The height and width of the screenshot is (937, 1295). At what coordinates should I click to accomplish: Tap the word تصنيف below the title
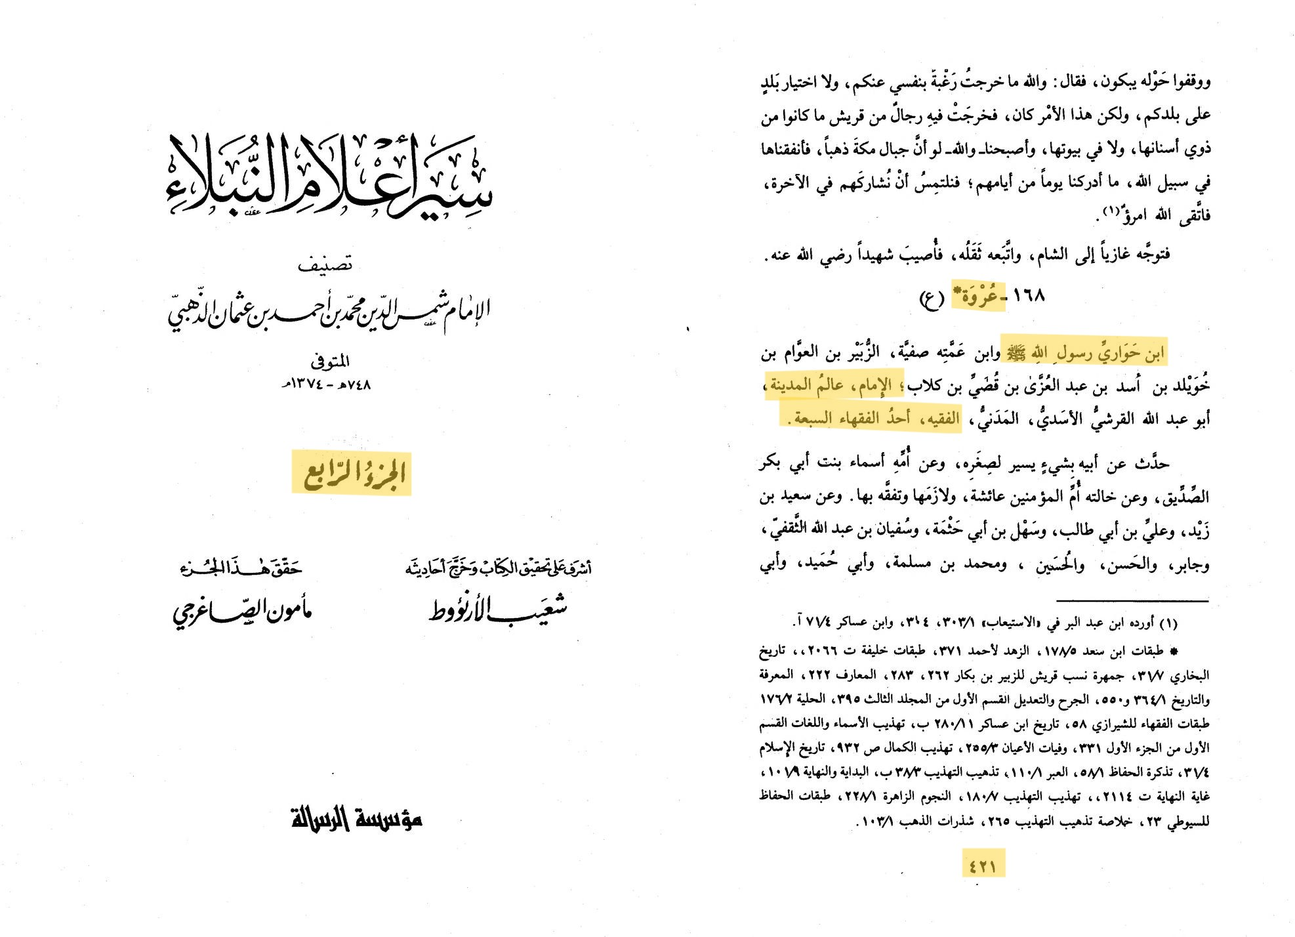pyautogui.click(x=325, y=264)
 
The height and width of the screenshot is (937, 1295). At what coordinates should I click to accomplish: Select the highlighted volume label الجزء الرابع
pyautogui.click(x=352, y=473)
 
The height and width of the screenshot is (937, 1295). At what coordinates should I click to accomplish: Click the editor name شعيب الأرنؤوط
pyautogui.click(x=499, y=609)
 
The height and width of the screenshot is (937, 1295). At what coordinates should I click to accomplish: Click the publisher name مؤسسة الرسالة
pyautogui.click(x=356, y=818)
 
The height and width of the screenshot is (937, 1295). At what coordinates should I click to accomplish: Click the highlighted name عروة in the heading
pyautogui.click(x=979, y=297)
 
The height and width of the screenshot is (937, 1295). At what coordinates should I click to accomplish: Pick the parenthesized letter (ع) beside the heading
pyautogui.click(x=932, y=299)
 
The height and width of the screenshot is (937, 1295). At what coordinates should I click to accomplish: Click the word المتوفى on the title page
pyautogui.click(x=330, y=361)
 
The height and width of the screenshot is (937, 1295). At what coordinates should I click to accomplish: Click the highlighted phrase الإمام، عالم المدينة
pyautogui.click(x=834, y=385)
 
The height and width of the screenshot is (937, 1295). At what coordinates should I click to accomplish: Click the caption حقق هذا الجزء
pyautogui.click(x=241, y=568)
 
